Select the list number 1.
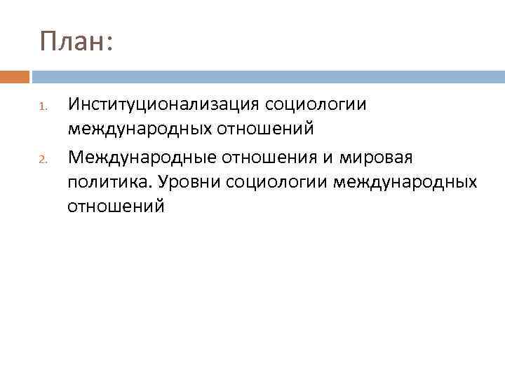[x=42, y=107]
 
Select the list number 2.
[x=42, y=158]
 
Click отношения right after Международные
[x=276, y=156]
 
